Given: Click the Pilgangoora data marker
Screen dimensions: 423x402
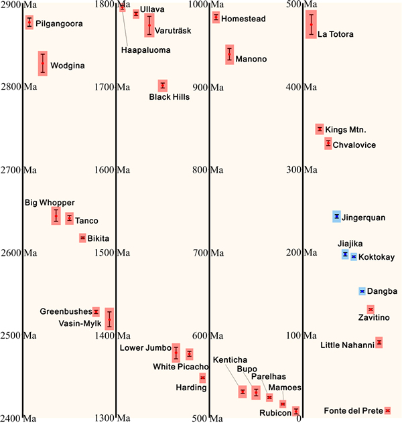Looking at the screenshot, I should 29,22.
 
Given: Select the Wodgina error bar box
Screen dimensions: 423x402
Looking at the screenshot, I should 43,64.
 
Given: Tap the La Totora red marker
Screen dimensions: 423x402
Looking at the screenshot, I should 311,24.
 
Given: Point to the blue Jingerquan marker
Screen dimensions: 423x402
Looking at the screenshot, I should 336,216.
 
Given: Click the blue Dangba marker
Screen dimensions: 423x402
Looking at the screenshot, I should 362,291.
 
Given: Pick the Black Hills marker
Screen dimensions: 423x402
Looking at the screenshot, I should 162,86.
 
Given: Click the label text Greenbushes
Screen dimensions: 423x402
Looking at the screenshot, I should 65,311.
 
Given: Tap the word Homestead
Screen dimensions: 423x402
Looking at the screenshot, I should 245,19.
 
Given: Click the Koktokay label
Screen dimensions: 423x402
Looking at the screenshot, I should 377,257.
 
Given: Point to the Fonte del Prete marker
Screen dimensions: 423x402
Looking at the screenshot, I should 387,410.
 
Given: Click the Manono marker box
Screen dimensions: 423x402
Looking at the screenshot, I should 230,54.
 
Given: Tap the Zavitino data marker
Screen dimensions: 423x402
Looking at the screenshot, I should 371,309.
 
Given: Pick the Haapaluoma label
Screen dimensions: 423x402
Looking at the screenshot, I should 146,50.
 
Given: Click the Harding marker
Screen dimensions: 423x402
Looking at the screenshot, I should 202,378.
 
